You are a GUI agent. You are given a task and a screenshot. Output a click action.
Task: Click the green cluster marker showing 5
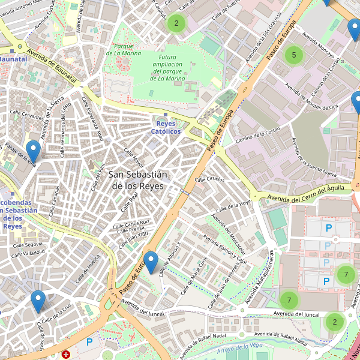click(293, 55)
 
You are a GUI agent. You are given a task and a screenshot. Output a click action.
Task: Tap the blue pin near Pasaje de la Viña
click(33, 151)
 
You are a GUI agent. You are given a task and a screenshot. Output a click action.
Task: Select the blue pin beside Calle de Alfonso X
click(151, 262)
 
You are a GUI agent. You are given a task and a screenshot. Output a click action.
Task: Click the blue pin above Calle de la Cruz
click(38, 301)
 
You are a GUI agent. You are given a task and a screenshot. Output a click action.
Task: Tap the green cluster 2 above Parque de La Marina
click(176, 24)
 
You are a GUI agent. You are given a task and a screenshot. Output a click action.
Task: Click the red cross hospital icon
click(66, 355)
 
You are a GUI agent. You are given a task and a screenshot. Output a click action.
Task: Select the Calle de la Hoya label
click(233, 206)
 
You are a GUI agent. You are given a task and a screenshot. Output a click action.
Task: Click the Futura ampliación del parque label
click(163, 67)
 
